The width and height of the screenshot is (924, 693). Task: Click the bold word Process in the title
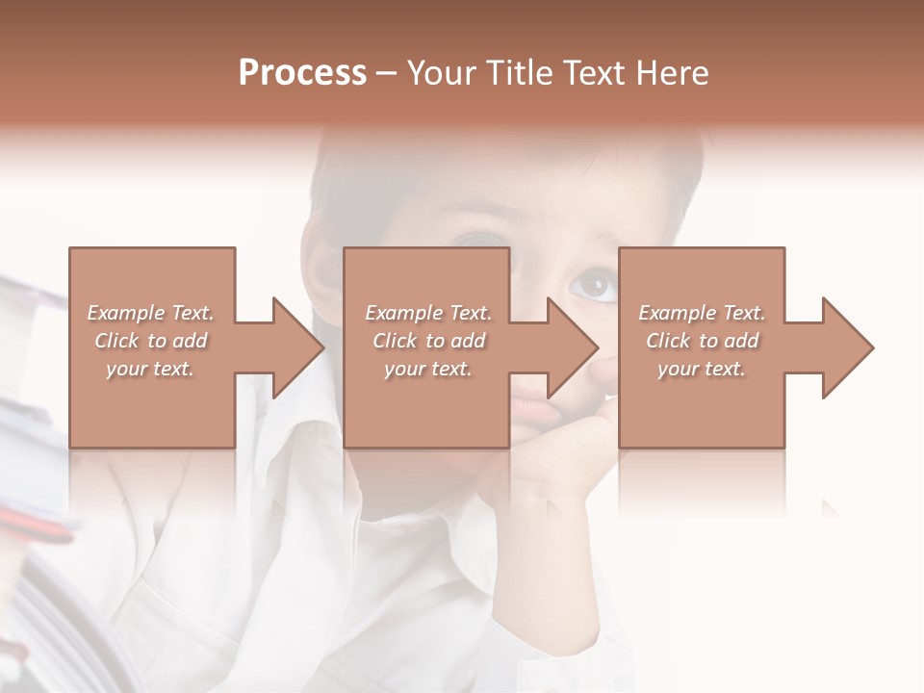[x=302, y=72]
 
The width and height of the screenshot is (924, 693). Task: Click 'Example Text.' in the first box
[x=151, y=313]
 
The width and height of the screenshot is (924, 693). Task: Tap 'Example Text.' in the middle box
[x=428, y=313]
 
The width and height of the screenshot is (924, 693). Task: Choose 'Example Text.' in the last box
[x=702, y=313]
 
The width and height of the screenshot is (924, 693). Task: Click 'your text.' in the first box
[x=150, y=369]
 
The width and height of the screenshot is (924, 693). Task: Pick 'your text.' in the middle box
[x=427, y=369]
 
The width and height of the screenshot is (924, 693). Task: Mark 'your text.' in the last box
[x=701, y=369]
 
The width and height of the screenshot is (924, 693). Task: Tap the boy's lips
[x=532, y=409]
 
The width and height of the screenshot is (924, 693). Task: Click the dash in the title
[x=387, y=73]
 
